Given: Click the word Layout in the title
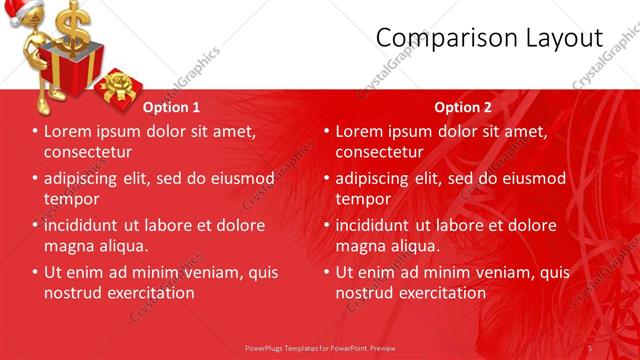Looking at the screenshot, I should click(x=562, y=38).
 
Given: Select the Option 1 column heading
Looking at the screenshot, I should click(x=171, y=107).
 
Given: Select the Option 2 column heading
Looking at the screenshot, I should click(x=463, y=107).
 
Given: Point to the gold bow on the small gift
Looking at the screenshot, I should click(x=118, y=79).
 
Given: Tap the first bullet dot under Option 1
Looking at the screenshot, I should click(x=35, y=132).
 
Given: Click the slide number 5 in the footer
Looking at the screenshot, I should click(x=590, y=347).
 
